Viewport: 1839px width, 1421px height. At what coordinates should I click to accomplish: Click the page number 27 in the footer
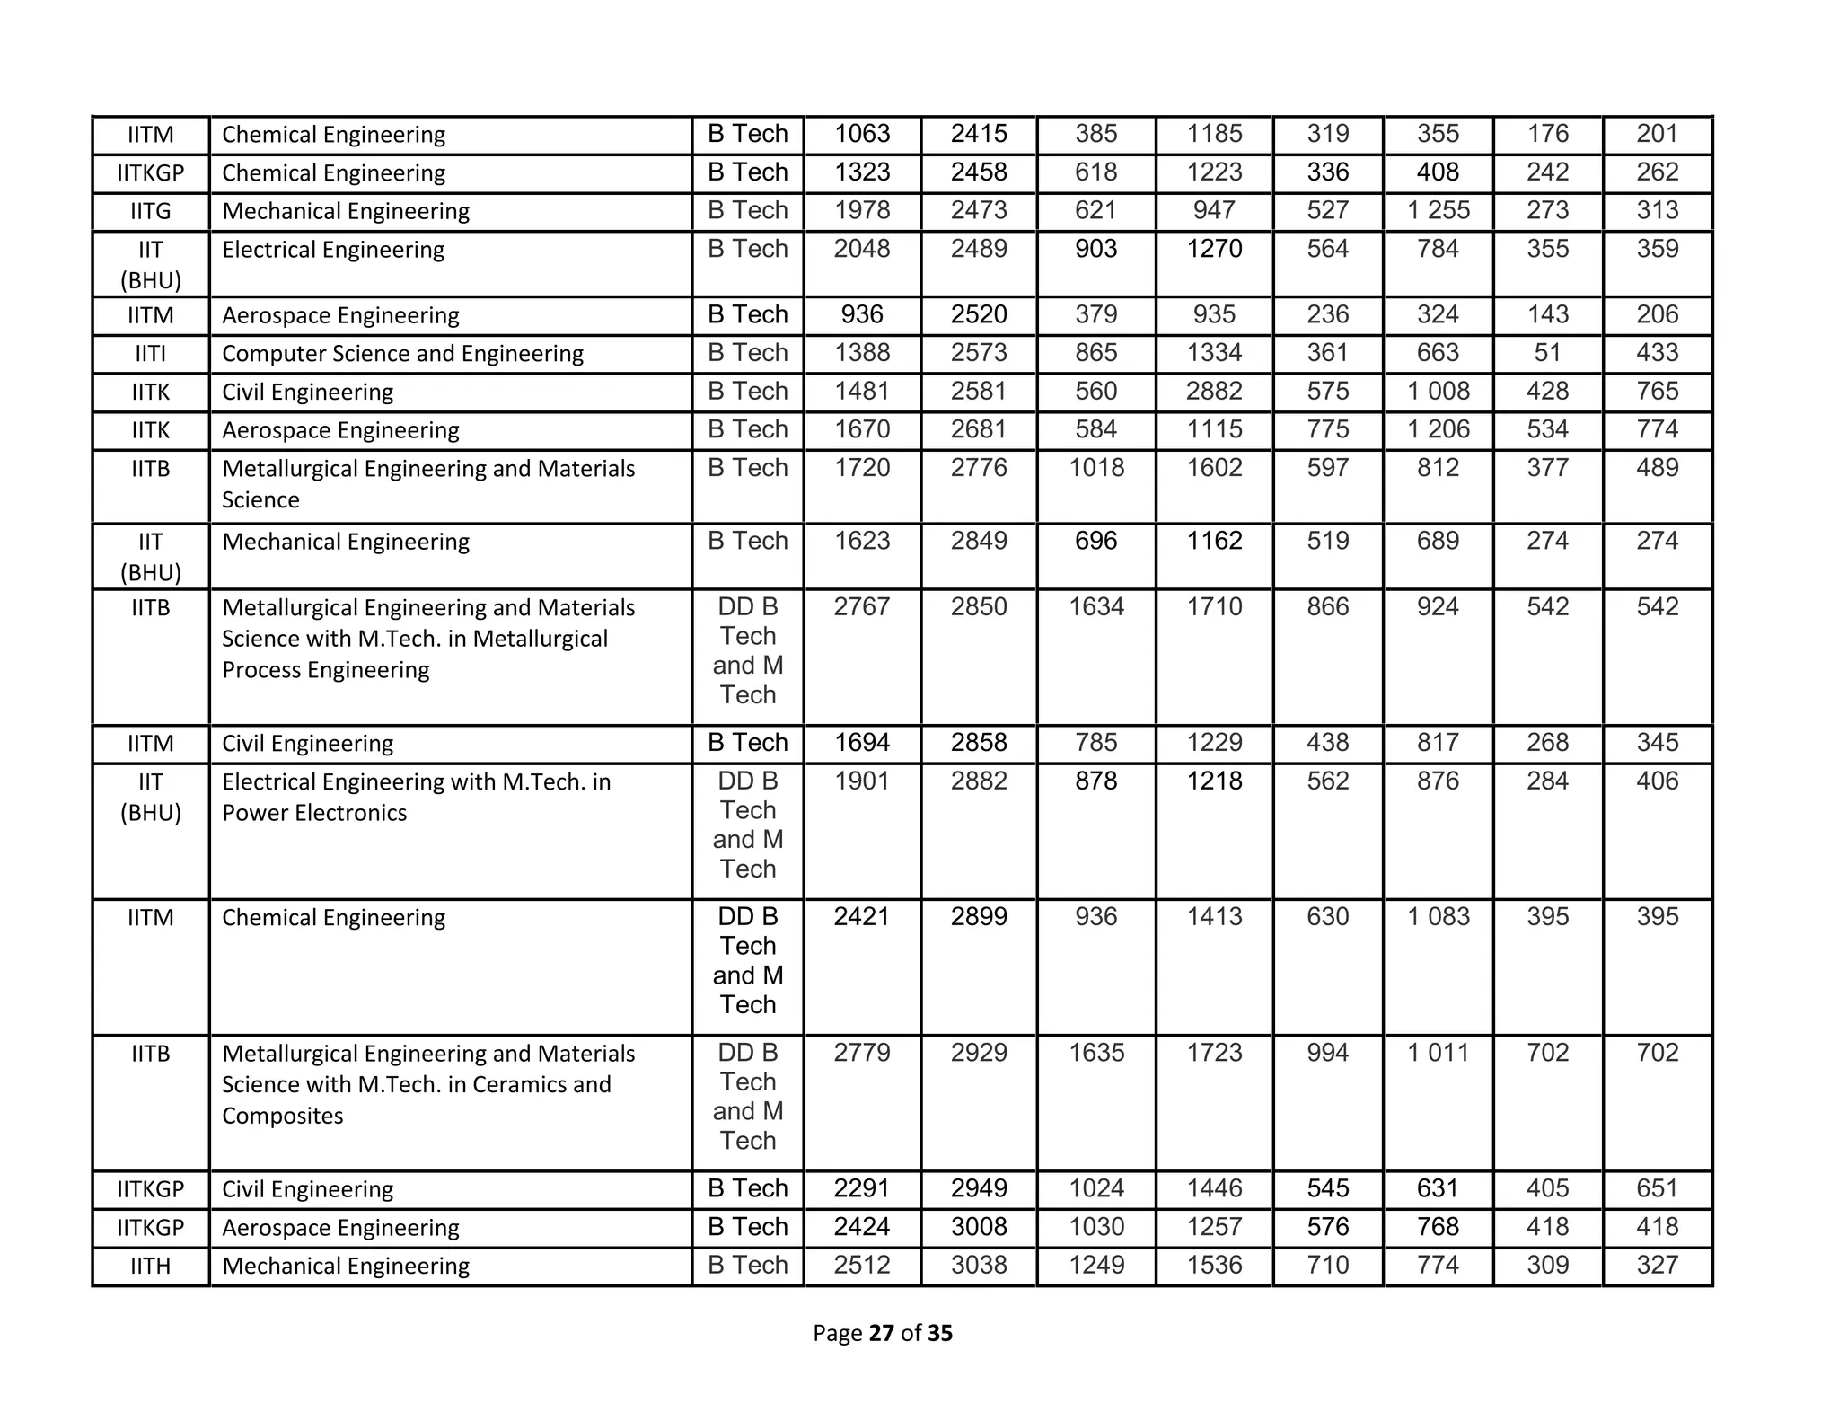click(x=881, y=1333)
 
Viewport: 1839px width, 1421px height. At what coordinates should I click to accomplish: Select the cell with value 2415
click(x=979, y=134)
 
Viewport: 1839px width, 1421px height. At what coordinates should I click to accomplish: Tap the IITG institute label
click(x=150, y=211)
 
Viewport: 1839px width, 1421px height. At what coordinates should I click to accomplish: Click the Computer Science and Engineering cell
click(x=402, y=354)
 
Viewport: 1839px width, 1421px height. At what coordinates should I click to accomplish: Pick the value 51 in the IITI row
click(x=1547, y=353)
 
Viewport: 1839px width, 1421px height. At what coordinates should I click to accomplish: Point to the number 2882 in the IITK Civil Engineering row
click(x=1214, y=392)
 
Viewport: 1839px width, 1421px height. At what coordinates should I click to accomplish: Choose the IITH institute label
click(x=150, y=1266)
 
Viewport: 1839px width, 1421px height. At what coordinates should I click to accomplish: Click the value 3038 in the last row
click(x=979, y=1265)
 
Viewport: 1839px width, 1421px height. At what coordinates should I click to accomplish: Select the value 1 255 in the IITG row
click(x=1438, y=211)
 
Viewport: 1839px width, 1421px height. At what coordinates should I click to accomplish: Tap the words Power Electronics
click(x=314, y=813)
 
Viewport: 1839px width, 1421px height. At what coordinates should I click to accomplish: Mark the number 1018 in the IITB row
click(x=1095, y=468)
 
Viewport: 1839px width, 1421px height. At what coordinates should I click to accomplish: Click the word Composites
click(x=282, y=1116)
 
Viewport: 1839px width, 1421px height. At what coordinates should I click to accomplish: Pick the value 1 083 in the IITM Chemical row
click(x=1438, y=917)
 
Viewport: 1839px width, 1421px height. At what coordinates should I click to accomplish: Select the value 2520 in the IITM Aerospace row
click(x=979, y=315)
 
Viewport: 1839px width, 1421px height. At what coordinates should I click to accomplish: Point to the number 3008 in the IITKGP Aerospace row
click(x=979, y=1227)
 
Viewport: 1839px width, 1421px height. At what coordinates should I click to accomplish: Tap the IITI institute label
click(x=150, y=354)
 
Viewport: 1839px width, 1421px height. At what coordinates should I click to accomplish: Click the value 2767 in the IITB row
click(x=861, y=607)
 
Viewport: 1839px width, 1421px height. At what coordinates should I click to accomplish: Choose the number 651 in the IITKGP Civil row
click(x=1657, y=1188)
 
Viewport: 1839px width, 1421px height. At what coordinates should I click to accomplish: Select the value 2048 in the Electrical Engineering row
click(x=861, y=249)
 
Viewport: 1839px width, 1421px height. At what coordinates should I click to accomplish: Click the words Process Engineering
click(x=325, y=670)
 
